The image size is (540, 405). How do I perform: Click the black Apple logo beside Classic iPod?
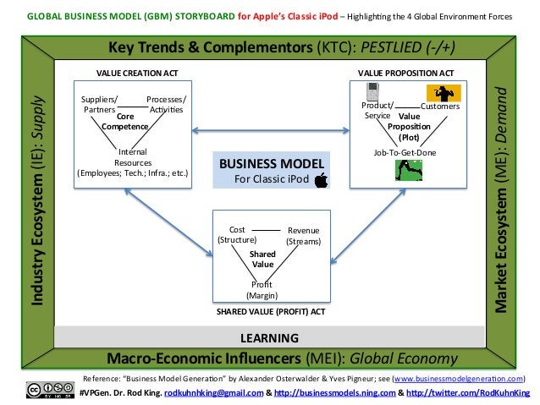(x=321, y=179)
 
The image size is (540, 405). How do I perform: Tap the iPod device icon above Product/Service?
(x=371, y=91)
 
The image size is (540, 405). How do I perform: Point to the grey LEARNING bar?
(x=270, y=338)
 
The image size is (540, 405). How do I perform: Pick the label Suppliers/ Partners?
(x=100, y=104)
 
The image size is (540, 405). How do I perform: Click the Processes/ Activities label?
(x=166, y=104)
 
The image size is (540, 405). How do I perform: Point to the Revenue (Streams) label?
(x=303, y=236)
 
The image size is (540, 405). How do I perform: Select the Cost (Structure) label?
(x=237, y=234)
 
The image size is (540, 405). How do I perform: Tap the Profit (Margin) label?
(x=262, y=290)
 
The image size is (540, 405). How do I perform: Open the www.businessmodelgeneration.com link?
(x=459, y=378)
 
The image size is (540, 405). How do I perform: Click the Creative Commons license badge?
(x=50, y=389)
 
